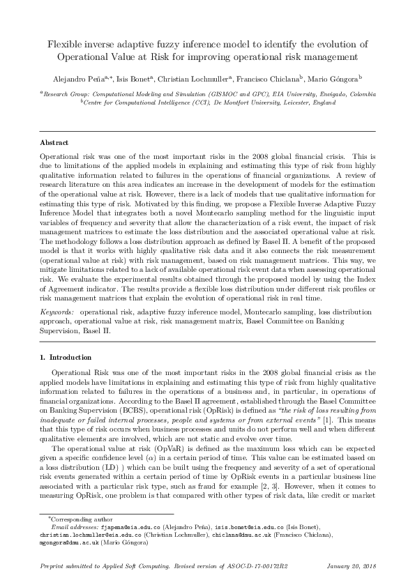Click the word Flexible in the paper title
point(64,43)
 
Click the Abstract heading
point(54,142)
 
